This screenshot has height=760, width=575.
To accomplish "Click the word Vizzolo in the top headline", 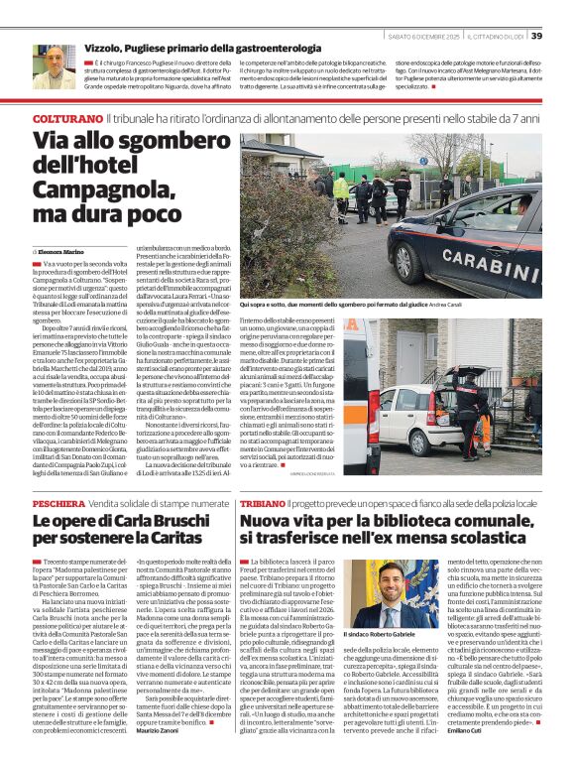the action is pyautogui.click(x=105, y=48).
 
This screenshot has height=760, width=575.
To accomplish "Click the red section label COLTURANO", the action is pyautogui.click(x=64, y=119).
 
